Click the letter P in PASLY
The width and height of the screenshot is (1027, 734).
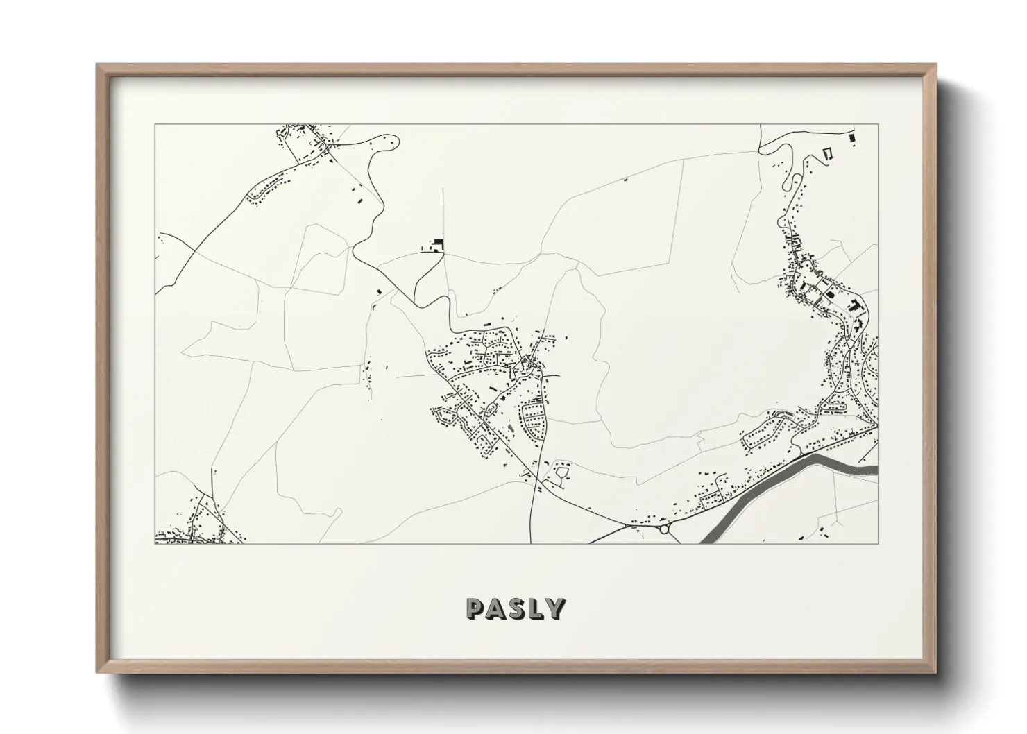coord(476,608)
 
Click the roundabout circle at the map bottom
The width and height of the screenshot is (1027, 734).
coord(664,529)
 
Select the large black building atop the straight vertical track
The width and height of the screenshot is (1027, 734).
coord(437,244)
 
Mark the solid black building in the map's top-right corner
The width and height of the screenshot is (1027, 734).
coord(853,137)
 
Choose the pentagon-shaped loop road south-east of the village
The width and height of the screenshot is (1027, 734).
coord(561,474)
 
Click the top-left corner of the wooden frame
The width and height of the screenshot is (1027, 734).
coord(98,66)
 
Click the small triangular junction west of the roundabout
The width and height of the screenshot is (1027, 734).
coord(629,527)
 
